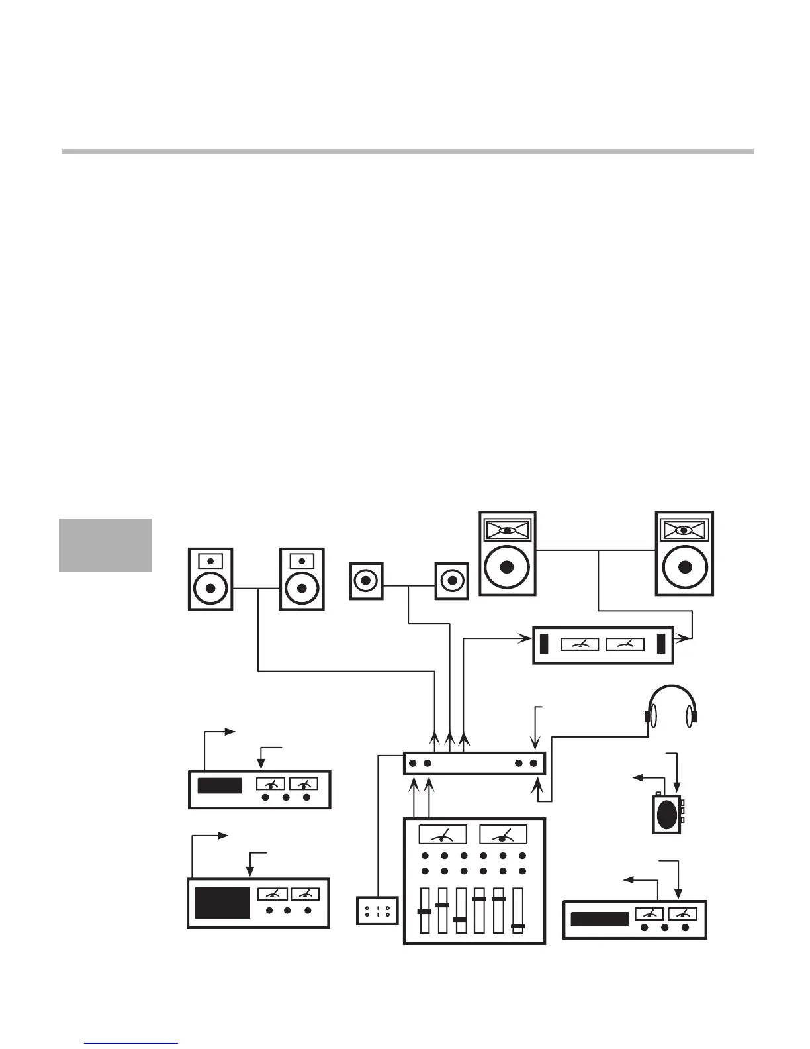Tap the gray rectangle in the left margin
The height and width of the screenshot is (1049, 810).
coord(105,545)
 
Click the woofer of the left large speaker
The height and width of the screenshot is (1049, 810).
coord(507,567)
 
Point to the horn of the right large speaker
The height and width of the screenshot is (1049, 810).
coord(685,530)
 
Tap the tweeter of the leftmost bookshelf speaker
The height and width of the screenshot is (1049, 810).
coord(210,561)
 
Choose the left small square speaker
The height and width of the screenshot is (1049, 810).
coord(366,581)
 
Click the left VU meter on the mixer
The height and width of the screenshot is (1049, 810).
coord(442,834)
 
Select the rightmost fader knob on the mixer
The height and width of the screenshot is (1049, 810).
coord(518,926)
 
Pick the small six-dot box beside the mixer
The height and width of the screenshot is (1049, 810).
coord(377,910)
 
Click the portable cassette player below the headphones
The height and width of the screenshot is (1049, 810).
coord(668,813)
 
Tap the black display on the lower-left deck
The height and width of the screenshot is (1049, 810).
coord(222,902)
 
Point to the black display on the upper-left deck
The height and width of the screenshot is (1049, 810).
coord(220,786)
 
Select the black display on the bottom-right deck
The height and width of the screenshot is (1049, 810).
coord(600,919)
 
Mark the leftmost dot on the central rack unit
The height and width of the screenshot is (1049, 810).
coord(412,764)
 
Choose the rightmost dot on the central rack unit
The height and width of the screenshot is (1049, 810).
coord(533,764)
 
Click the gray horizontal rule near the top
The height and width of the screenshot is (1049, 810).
coord(408,152)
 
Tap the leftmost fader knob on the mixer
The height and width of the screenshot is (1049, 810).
coord(424,911)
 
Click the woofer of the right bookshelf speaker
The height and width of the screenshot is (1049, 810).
coord(302,587)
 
